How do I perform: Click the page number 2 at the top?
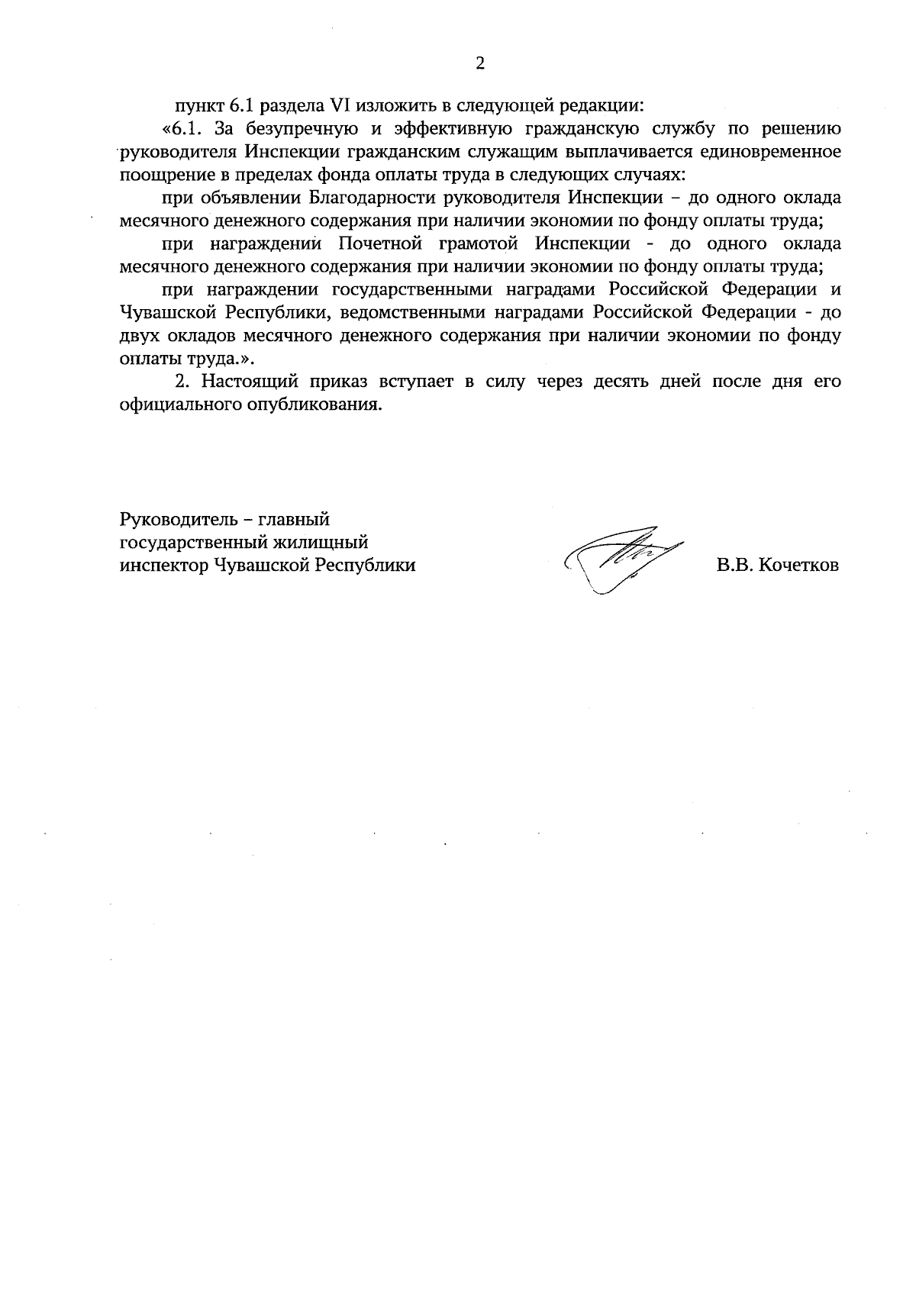click(480, 64)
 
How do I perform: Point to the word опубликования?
click(321, 405)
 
